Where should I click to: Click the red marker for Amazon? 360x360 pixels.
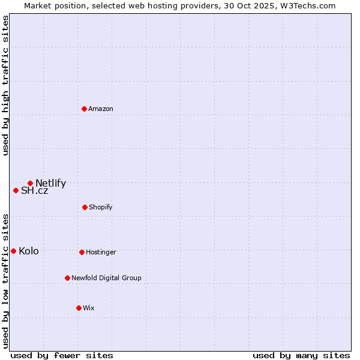(x=84, y=109)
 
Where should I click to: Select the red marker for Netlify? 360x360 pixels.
(x=30, y=183)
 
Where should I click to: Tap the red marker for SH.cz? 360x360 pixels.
(x=16, y=190)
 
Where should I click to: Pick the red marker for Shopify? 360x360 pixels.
(x=85, y=207)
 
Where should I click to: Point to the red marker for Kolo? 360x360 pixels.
(x=13, y=251)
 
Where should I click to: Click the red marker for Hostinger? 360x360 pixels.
(x=82, y=252)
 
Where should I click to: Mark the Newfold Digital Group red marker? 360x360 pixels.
(x=67, y=278)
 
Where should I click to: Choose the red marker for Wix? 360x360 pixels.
(x=79, y=308)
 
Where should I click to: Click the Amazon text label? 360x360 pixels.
(x=101, y=109)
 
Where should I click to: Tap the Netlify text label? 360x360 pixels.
(x=50, y=184)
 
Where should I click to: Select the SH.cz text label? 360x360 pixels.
(x=34, y=191)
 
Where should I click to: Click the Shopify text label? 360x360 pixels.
(x=101, y=207)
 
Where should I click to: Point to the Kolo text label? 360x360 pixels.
(x=28, y=251)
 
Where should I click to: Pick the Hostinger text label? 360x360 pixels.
(x=101, y=252)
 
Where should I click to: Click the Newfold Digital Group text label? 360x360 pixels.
(x=106, y=278)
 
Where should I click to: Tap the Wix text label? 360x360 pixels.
(x=89, y=308)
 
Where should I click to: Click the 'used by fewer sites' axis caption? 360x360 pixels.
(x=62, y=355)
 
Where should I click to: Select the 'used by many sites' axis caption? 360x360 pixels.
(x=301, y=355)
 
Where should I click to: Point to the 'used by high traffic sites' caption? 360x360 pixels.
(x=5, y=85)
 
